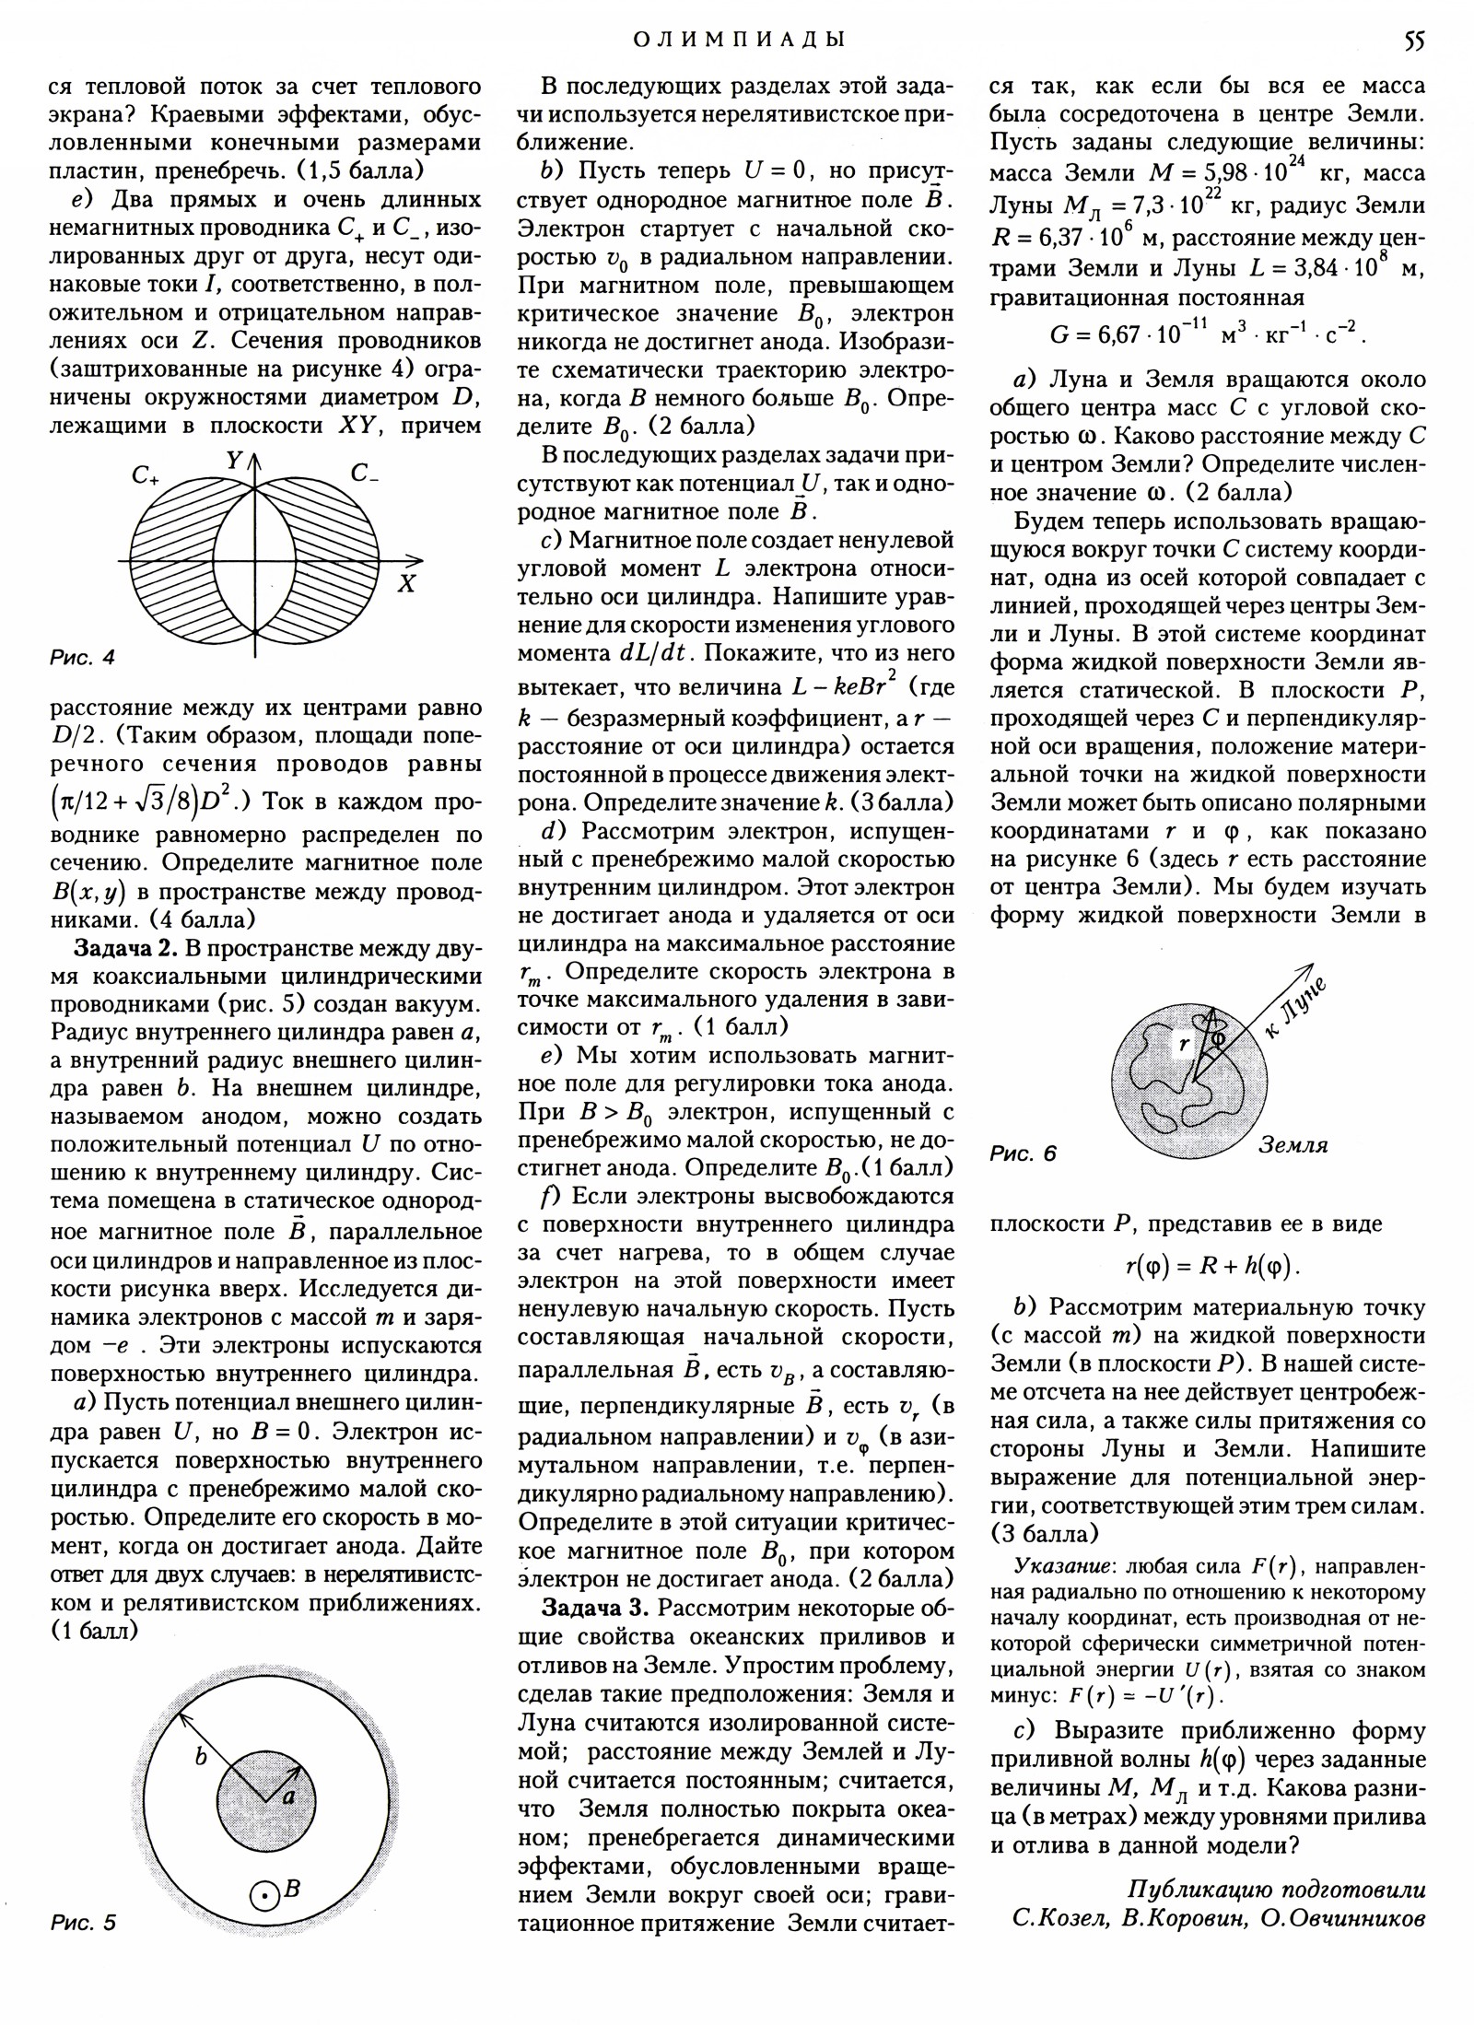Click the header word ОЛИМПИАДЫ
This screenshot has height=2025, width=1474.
[x=737, y=40]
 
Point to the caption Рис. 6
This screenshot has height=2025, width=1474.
[x=1024, y=1153]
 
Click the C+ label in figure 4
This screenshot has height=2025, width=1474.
[x=146, y=476]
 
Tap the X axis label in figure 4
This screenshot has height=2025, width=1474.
[x=406, y=583]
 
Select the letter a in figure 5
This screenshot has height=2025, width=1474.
[x=288, y=1796]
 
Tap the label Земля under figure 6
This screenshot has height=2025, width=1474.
[x=1293, y=1146]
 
